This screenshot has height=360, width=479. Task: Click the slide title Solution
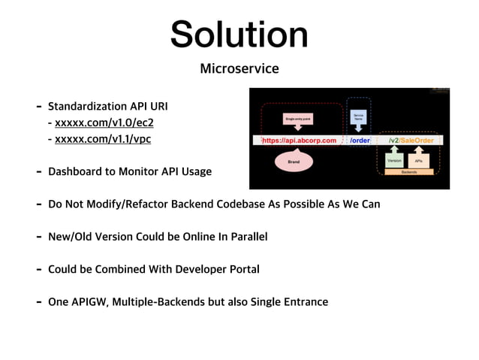coord(239,35)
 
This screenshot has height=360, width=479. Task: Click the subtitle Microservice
coord(239,69)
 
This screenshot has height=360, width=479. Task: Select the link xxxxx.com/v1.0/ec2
coord(104,123)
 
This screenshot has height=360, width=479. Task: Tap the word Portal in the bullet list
coord(243,269)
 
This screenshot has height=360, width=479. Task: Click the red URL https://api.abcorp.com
coord(299,140)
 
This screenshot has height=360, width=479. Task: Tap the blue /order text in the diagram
coord(360,140)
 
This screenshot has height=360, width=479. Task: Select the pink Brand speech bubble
coord(294,160)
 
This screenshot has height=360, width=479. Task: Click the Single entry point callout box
coord(298,119)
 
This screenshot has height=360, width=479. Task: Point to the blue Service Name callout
coord(358,116)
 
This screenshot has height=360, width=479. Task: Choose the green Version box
coord(394,160)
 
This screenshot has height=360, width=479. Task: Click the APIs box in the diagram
coord(419,160)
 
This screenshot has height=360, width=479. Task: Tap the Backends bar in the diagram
coord(409,172)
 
